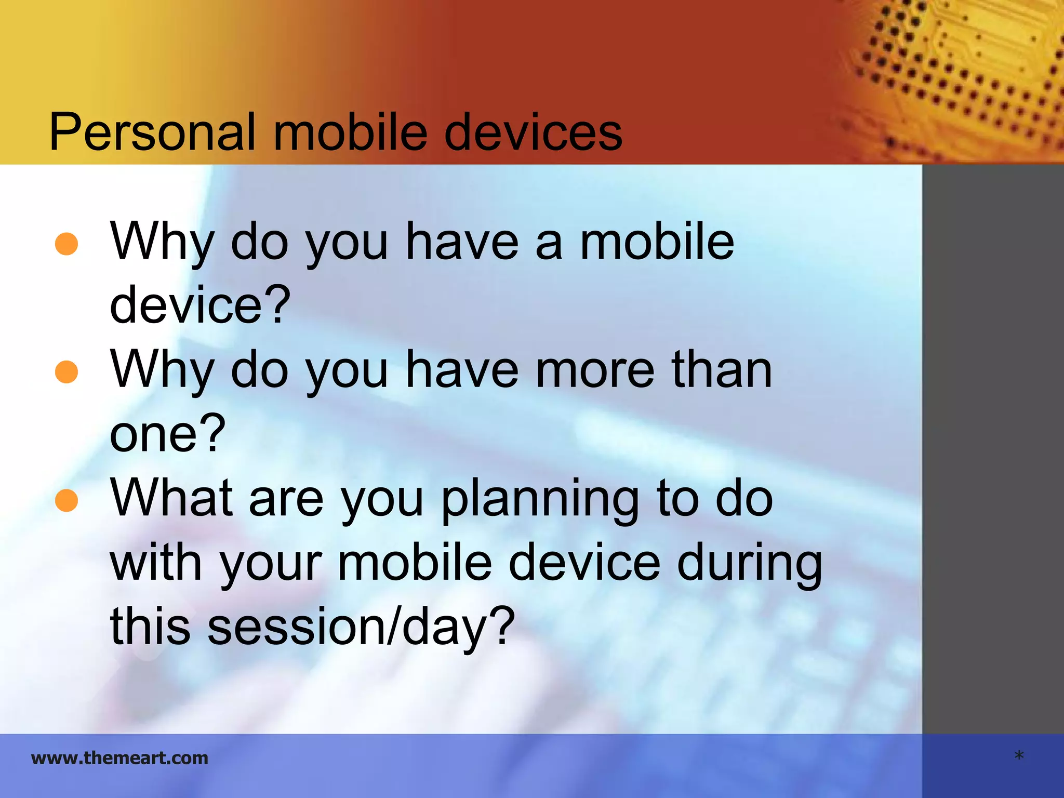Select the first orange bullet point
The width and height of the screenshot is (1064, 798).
66,244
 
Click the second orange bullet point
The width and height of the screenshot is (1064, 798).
66,372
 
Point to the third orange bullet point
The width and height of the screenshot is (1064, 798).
66,500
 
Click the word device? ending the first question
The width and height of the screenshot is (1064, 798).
200,305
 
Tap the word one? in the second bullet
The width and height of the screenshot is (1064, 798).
167,434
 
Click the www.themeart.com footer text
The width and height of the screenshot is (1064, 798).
119,758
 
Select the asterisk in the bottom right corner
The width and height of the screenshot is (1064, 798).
1019,756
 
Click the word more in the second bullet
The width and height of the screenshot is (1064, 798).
594,370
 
